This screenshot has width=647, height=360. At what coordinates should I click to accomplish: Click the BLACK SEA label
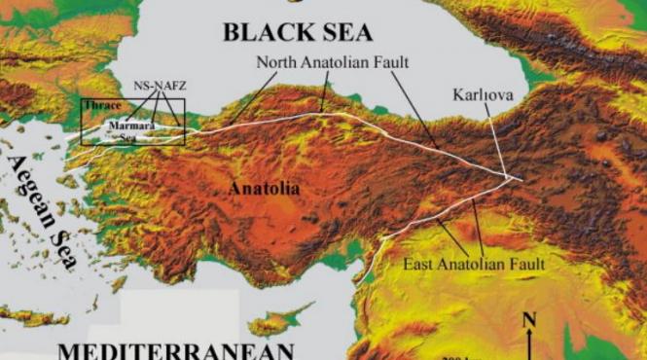[297, 32]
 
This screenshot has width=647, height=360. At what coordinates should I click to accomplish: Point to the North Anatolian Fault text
[333, 61]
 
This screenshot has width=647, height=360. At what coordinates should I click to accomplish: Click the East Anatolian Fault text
[473, 264]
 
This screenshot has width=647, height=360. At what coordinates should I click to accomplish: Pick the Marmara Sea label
[129, 127]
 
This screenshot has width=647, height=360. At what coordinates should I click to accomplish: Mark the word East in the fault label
[418, 264]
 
